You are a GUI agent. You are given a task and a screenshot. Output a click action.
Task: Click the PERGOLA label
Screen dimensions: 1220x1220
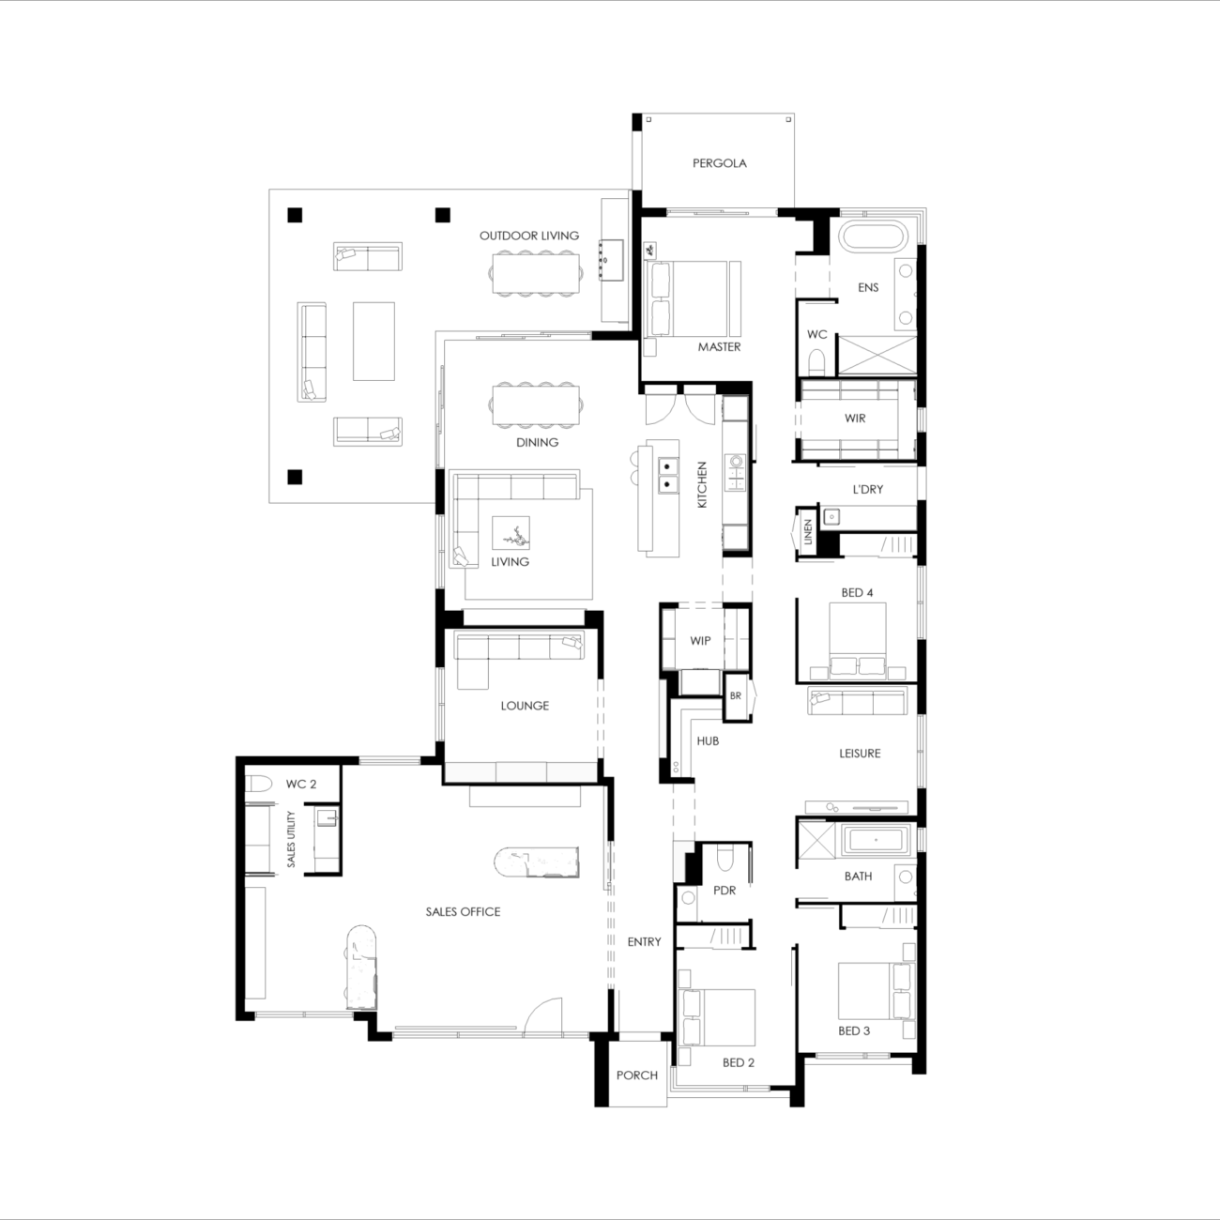coord(719,163)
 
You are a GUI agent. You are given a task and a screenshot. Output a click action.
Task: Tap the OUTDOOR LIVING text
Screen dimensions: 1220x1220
coord(529,236)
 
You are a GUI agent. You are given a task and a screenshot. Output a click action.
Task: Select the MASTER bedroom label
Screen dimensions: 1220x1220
coord(719,347)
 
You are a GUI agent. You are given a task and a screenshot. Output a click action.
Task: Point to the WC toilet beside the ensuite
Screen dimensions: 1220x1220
coord(816,361)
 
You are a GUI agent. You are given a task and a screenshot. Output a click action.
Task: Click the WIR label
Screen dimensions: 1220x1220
coord(854,419)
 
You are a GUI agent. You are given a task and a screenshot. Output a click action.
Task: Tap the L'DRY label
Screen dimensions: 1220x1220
coord(867,490)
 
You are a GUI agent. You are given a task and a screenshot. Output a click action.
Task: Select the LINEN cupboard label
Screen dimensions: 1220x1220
coord(808,533)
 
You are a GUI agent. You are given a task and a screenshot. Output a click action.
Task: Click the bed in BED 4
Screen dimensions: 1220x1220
coord(858,638)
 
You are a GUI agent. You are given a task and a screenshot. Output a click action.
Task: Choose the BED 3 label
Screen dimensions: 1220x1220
coord(853,1031)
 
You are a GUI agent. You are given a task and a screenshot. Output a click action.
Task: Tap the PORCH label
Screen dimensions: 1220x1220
coord(636,1075)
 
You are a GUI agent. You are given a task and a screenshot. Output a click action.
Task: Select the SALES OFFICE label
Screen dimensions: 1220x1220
coord(463,912)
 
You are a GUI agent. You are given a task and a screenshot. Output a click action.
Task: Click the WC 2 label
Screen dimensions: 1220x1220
coord(301,785)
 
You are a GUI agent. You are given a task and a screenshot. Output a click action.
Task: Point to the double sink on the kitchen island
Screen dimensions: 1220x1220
coord(668,475)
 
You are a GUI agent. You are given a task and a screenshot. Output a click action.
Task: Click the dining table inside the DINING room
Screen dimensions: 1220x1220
coord(537,405)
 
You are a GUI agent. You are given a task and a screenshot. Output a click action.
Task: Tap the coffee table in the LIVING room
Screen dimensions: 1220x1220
coord(511,535)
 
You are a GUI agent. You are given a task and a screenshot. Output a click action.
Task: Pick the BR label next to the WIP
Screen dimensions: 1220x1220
coord(736,696)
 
